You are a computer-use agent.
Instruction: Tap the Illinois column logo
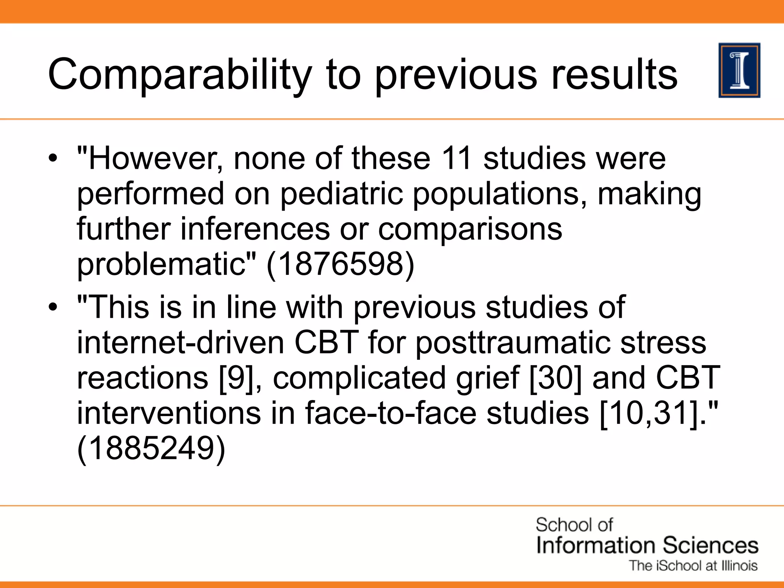point(739,70)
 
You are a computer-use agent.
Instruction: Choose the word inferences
point(255,229)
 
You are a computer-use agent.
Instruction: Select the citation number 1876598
point(340,265)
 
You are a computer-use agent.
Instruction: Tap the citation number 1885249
point(151,448)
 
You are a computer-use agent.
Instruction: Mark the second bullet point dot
point(53,307)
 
